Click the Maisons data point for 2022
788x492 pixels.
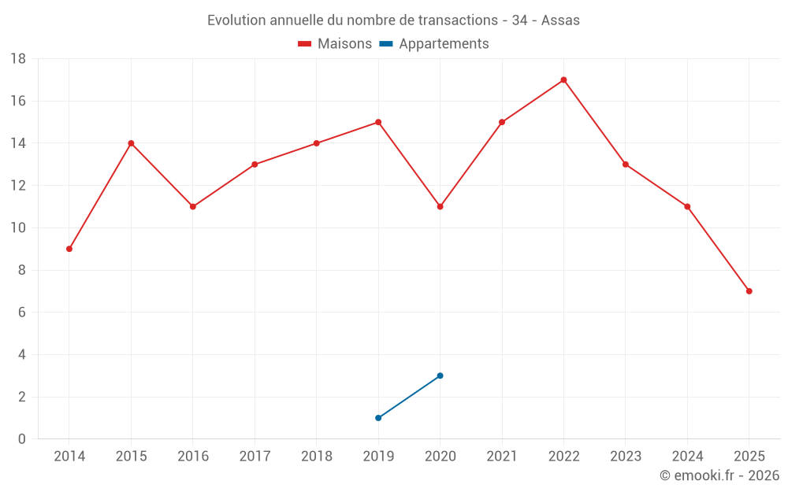click(x=563, y=80)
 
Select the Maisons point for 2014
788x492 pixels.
click(x=69, y=249)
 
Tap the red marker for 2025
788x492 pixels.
click(x=749, y=291)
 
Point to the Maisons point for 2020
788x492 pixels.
click(x=440, y=206)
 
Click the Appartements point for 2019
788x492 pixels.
click(x=378, y=418)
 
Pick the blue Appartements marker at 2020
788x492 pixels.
click(x=440, y=375)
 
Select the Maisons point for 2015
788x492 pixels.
click(x=131, y=143)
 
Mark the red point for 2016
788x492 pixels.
click(x=193, y=206)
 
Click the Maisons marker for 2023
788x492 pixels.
click(x=625, y=165)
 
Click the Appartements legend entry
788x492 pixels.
click(x=444, y=44)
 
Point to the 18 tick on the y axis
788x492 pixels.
click(x=18, y=59)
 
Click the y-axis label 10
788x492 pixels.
click(x=18, y=228)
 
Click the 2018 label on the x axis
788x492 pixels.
click(x=316, y=457)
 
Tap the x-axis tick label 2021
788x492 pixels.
click(x=501, y=457)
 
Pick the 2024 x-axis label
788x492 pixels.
click(x=687, y=457)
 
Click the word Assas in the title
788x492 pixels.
click(x=560, y=20)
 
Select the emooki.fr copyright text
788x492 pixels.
click(x=719, y=475)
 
